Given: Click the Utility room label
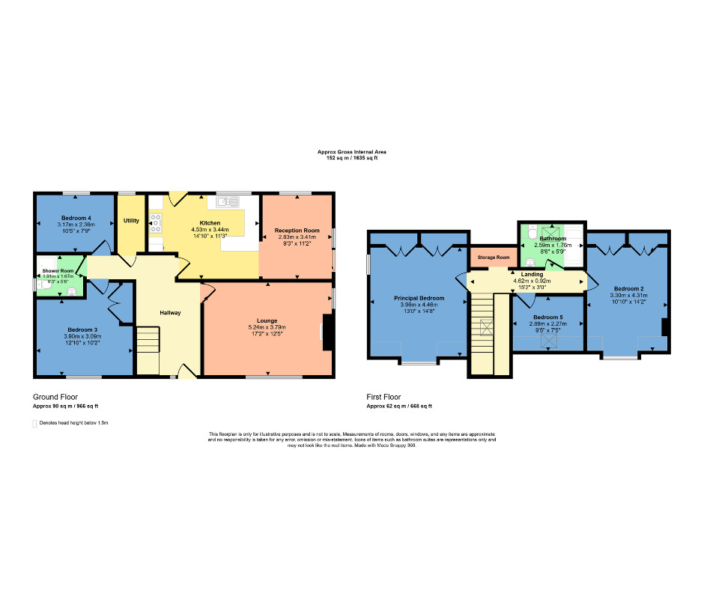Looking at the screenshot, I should pos(131,222).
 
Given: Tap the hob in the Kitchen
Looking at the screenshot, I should pos(157,221).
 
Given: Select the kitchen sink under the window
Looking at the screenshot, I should pos(228,201).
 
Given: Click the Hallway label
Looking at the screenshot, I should pos(170,312).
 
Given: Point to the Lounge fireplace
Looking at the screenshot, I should pos(327,332).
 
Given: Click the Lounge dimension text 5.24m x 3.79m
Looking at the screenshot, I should pos(267,327).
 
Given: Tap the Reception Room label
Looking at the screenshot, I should pos(297,230).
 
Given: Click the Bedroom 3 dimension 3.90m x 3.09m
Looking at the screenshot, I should pos(82,337).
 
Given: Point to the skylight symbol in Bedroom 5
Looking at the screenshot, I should pos(550,340).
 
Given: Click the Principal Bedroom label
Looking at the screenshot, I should pos(419,298).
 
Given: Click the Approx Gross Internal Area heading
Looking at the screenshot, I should pos(351,152).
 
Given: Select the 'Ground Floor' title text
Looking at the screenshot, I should pos(55,397).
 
